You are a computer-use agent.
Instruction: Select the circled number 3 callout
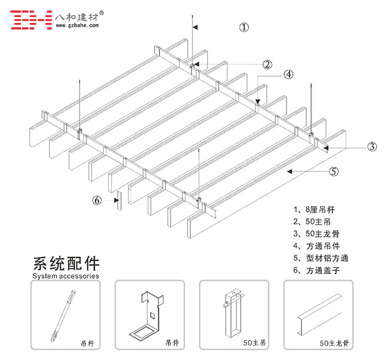[372, 147]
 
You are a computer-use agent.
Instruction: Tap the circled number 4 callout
[288, 75]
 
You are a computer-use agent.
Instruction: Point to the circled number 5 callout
[334, 171]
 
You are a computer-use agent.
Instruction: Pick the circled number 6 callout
[97, 201]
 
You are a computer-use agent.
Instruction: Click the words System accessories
[66, 276]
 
